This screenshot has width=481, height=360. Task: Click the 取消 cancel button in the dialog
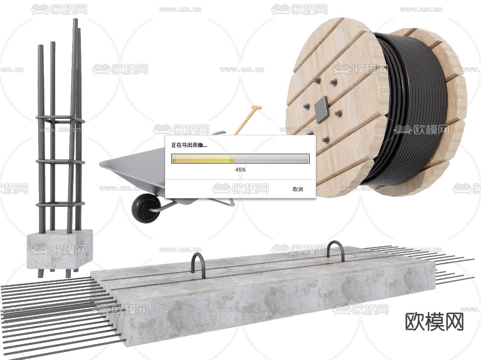coord(298,189)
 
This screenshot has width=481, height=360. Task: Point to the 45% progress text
coord(240,170)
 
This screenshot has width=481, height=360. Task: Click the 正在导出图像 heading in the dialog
coord(189,145)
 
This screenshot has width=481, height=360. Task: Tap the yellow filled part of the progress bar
coord(203,158)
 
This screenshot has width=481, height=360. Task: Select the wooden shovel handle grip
coord(256,107)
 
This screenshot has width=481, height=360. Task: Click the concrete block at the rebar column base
coord(60,249)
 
